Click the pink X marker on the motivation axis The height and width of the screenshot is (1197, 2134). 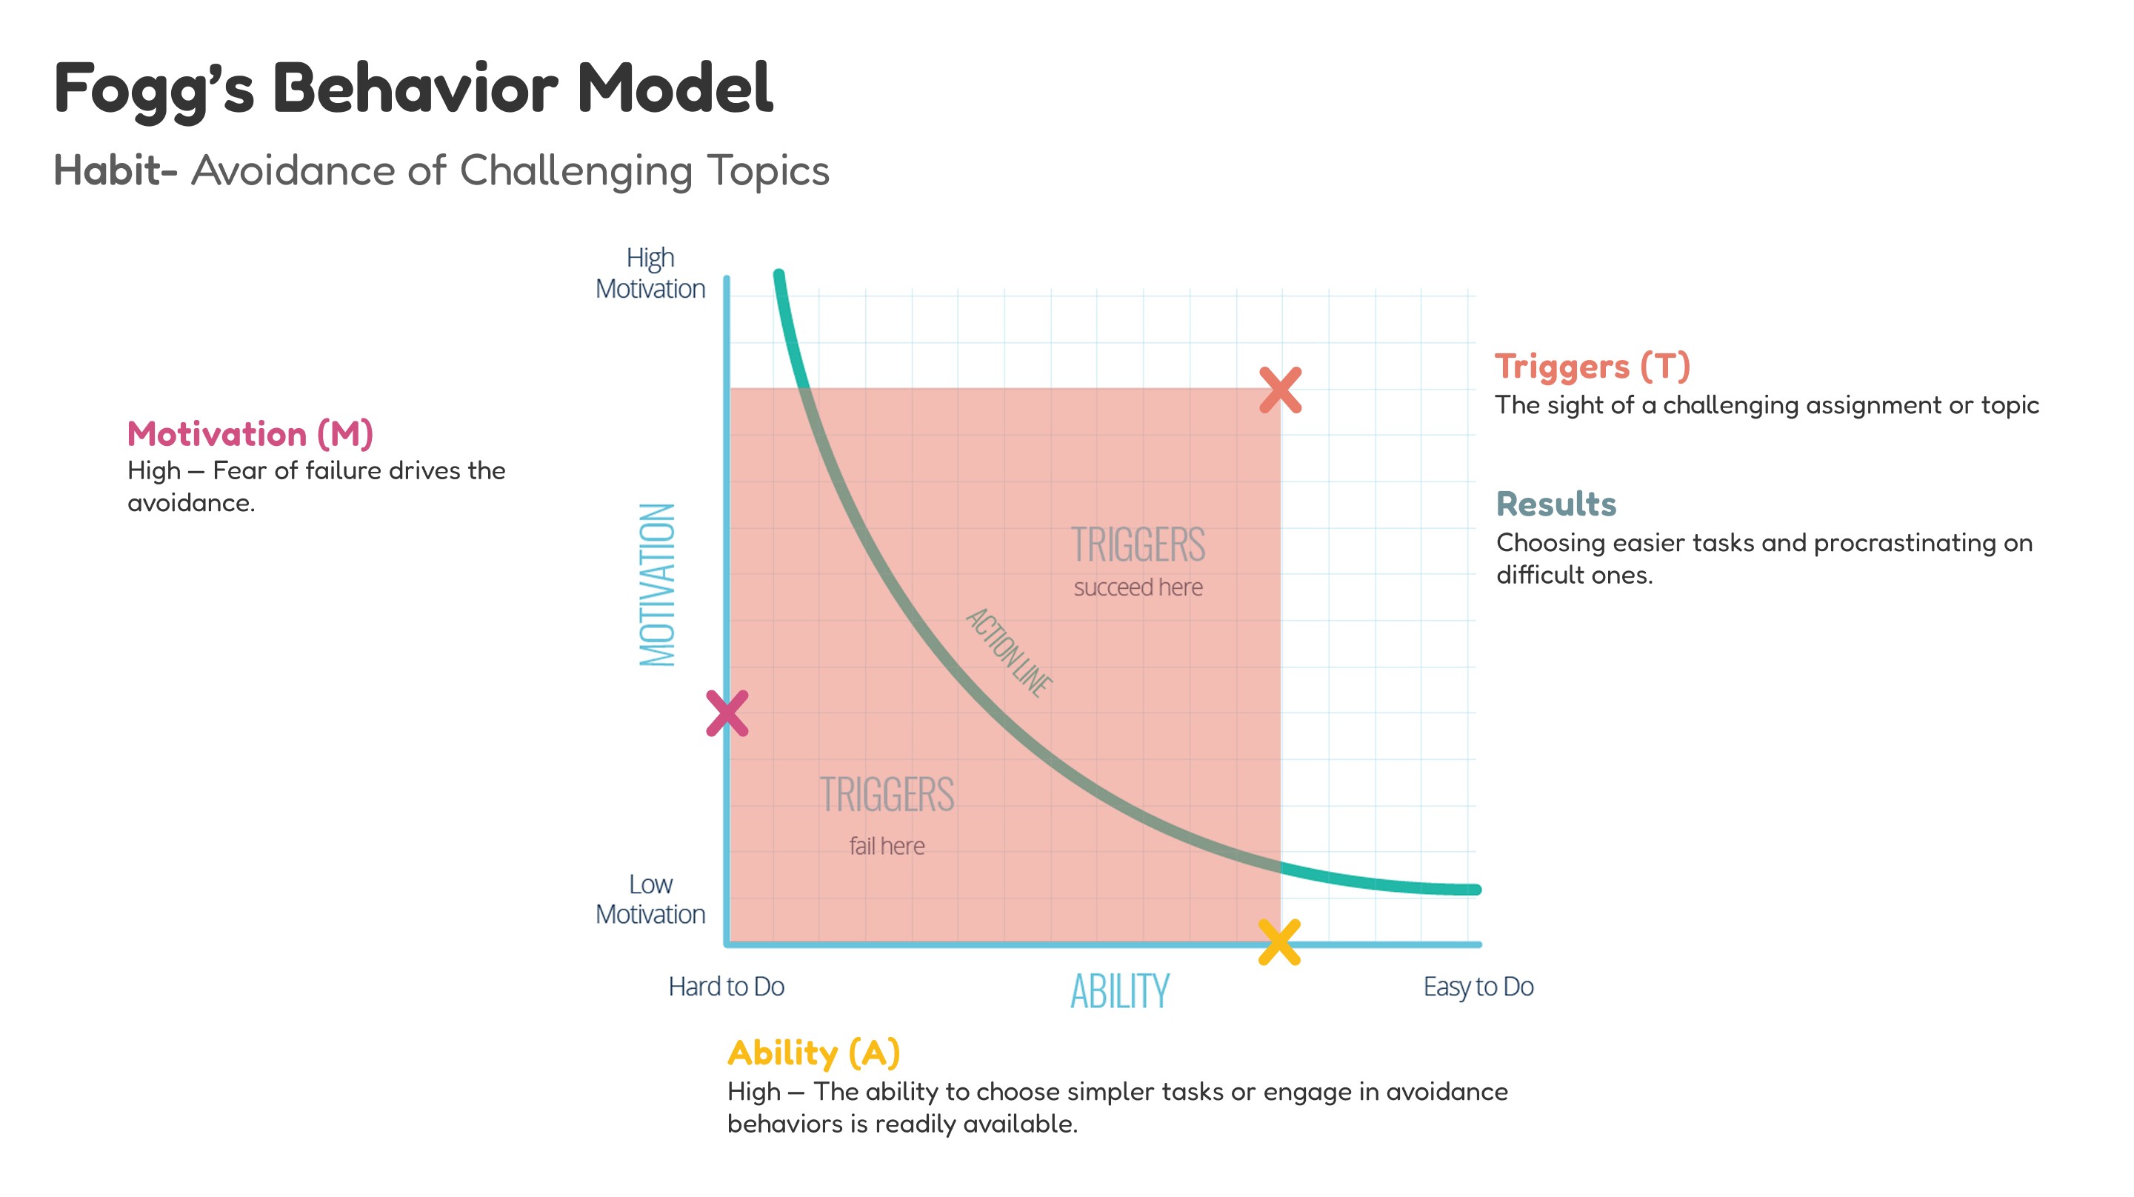pos(727,713)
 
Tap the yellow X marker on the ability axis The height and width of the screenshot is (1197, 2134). pos(1279,943)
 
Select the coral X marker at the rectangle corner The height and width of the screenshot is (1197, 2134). pos(1280,390)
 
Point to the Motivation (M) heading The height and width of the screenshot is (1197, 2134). pos(250,434)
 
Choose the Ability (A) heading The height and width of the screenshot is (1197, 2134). pos(813,1053)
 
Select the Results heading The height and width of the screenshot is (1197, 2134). pos(1556,504)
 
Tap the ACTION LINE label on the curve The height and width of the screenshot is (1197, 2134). pos(1009,651)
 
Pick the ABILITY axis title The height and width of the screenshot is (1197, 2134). pos(1119,991)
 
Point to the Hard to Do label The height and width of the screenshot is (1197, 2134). pos(726,987)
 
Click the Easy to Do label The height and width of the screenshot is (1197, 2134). pos(1478,987)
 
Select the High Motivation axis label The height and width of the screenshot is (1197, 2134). pos(650,273)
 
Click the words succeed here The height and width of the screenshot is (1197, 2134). pos(1138,587)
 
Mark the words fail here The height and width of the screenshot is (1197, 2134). pos(887,846)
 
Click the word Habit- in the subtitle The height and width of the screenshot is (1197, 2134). pos(115,170)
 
